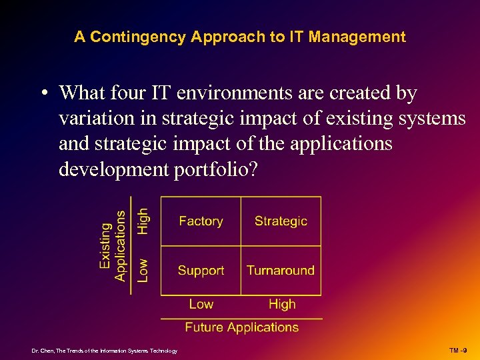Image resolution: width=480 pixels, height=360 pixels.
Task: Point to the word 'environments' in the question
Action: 224,94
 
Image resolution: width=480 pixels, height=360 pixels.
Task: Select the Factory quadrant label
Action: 201,221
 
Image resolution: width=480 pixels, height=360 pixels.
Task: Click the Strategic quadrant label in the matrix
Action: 281,221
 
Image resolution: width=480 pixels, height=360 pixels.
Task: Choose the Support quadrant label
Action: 201,271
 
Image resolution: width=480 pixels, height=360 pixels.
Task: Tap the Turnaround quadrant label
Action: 281,271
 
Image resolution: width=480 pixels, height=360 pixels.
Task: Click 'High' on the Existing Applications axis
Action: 143,221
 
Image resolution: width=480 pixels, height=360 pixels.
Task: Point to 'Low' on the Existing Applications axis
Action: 143,270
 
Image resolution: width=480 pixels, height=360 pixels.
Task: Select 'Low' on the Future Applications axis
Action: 201,304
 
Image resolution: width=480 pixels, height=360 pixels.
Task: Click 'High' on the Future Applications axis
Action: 281,304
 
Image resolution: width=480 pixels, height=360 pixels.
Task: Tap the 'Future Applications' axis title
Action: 241,327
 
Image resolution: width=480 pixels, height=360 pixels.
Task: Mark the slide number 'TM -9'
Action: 457,350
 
